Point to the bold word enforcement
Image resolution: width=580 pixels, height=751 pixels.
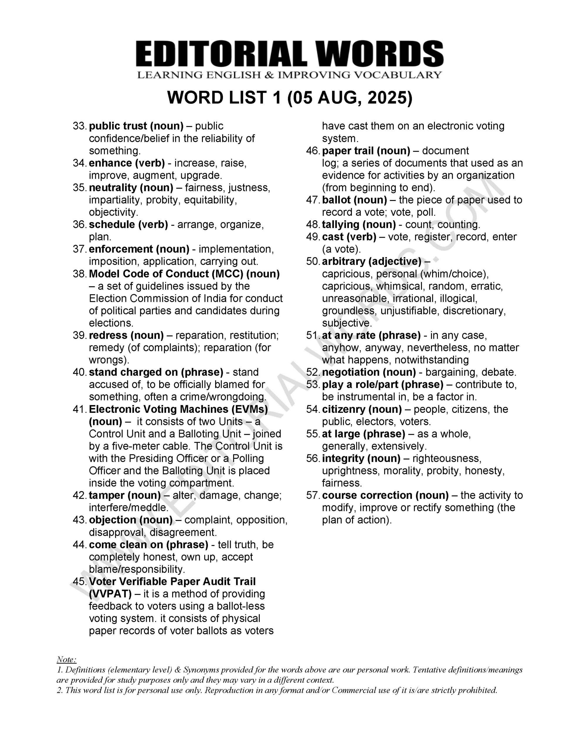point(121,249)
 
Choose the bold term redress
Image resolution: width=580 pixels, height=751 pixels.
point(108,335)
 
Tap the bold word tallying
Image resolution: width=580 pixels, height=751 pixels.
point(341,224)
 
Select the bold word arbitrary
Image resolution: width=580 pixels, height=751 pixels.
point(343,261)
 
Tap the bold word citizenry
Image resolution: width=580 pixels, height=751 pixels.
point(343,409)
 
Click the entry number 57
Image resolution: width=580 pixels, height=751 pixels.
point(313,495)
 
